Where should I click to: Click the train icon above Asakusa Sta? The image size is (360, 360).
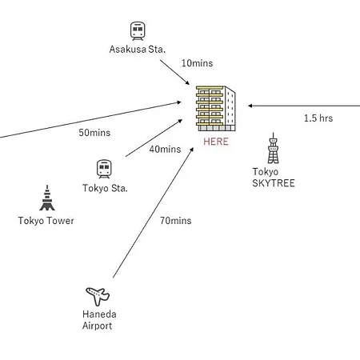(x=138, y=31)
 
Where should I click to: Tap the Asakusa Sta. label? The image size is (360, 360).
(x=138, y=50)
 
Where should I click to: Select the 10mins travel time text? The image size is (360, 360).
(x=198, y=63)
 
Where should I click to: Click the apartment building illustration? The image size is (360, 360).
(x=216, y=108)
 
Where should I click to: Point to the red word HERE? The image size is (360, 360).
(x=216, y=142)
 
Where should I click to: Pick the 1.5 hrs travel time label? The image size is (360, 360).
(x=318, y=118)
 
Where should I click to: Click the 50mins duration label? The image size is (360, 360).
(x=94, y=133)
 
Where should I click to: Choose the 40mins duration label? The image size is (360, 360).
(x=165, y=150)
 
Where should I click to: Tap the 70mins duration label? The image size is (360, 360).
(x=176, y=221)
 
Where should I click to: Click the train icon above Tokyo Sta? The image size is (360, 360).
(x=104, y=169)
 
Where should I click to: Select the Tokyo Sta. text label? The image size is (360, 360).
(x=105, y=188)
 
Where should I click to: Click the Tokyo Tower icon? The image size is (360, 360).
(x=47, y=198)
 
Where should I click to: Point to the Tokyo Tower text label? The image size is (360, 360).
(x=46, y=221)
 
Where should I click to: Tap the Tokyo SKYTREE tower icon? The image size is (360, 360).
(x=273, y=148)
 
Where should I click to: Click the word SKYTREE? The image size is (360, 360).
(x=274, y=183)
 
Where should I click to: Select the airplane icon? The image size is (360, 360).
(x=98, y=296)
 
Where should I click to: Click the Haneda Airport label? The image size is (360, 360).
(x=99, y=320)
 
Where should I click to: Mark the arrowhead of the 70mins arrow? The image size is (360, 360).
(x=192, y=150)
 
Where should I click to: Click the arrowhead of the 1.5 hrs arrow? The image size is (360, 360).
(x=250, y=106)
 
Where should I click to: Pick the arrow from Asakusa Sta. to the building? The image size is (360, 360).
(x=174, y=72)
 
